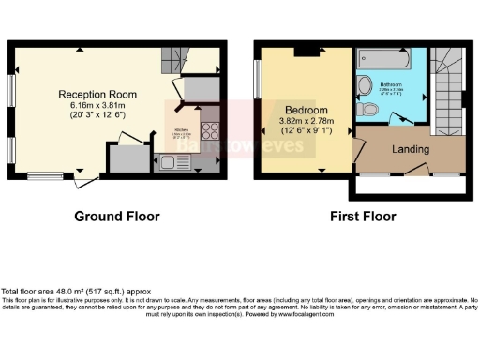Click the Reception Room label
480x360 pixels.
click(97, 95)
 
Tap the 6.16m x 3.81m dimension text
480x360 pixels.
click(97, 106)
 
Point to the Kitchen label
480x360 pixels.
click(182, 131)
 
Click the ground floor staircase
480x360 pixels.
click(174, 62)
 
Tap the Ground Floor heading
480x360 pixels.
click(117, 217)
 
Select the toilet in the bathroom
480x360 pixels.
click(370, 111)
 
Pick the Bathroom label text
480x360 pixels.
click(391, 85)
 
